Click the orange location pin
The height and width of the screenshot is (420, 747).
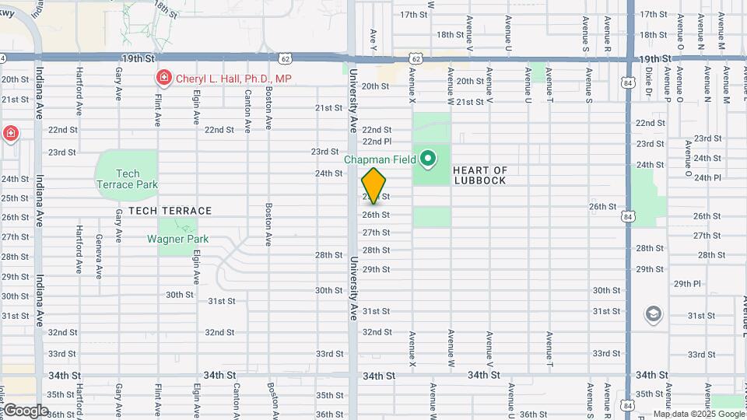coord(374,185)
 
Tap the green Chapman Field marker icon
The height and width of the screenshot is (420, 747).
coord(427,160)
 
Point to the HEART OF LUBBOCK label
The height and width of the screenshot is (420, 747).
coord(479,175)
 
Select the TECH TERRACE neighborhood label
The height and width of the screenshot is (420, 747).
coord(170,211)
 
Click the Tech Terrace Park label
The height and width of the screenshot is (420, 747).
coord(128,179)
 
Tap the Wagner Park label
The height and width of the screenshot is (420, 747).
coord(175,239)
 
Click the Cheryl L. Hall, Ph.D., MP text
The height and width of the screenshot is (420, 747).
coord(233,79)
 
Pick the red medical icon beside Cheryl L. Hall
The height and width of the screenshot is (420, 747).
coord(163,78)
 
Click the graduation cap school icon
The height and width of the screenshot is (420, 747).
coord(653,314)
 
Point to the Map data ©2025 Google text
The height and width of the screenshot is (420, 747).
coord(697,414)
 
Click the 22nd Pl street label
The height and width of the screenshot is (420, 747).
coord(377,142)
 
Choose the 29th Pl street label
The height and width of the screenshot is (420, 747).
coord(688,284)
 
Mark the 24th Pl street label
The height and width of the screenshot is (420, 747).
coord(707,177)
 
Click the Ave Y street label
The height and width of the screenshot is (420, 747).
coord(374,37)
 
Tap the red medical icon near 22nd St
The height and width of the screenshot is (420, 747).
coord(11,133)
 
